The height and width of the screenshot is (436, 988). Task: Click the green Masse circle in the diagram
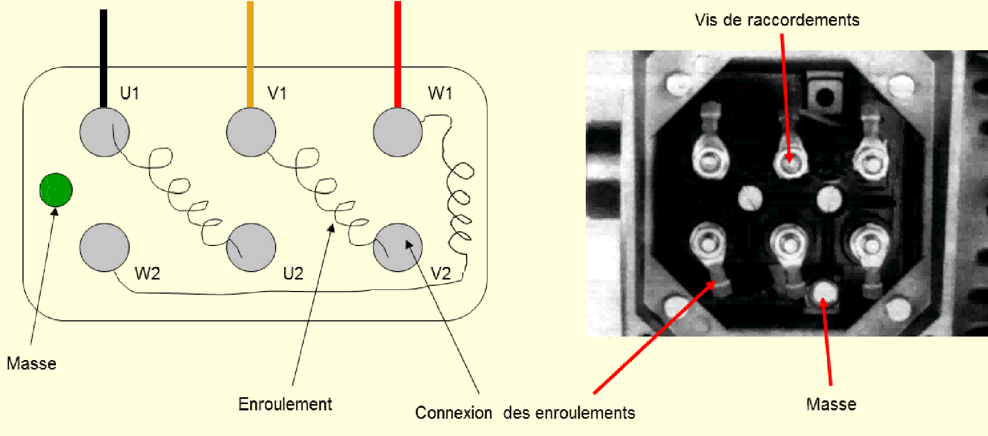pyautogui.click(x=56, y=190)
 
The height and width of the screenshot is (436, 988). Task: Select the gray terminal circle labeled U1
pyautogui.click(x=104, y=132)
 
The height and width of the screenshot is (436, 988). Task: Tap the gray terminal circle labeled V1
pyautogui.click(x=251, y=132)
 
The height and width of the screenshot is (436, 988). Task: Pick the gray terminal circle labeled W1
pyautogui.click(x=398, y=132)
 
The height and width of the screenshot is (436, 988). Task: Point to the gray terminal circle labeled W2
pyautogui.click(x=104, y=247)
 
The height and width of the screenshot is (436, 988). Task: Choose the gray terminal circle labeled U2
pyautogui.click(x=251, y=247)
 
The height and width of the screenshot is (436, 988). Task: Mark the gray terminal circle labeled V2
pyautogui.click(x=398, y=247)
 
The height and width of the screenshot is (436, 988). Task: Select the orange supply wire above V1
pyautogui.click(x=251, y=52)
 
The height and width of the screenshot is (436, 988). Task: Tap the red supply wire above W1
pyautogui.click(x=398, y=52)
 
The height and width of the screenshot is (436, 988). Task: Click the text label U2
pyautogui.click(x=293, y=274)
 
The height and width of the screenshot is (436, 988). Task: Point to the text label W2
pyautogui.click(x=147, y=273)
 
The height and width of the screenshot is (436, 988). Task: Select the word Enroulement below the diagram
pyautogui.click(x=285, y=404)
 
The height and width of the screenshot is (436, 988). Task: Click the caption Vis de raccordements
pyautogui.click(x=777, y=20)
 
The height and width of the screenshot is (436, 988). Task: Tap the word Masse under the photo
pyautogui.click(x=831, y=404)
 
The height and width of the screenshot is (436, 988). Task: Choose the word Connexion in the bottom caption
pyautogui.click(x=453, y=413)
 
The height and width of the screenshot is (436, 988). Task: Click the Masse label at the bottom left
pyautogui.click(x=31, y=363)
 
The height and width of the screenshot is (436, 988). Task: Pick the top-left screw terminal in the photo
pyautogui.click(x=709, y=159)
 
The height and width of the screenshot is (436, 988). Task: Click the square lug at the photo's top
pyautogui.click(x=825, y=95)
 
